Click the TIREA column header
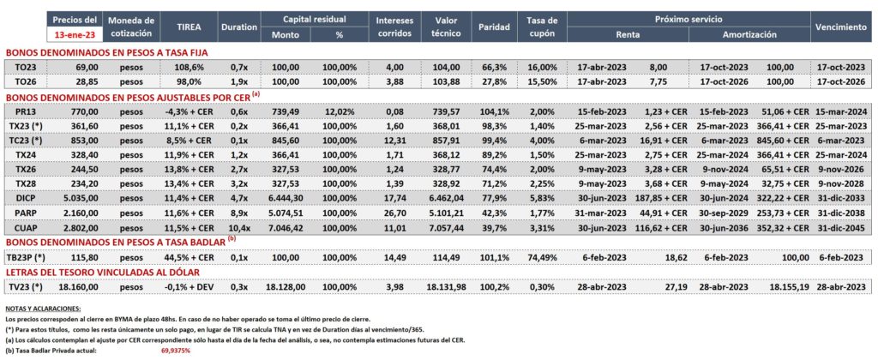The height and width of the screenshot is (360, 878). pos(189,27)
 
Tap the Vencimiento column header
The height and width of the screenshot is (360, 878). pos(841,27)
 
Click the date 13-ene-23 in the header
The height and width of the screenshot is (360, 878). pos(75,33)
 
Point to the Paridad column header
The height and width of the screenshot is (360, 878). pos(495,27)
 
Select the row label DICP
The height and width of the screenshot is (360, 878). pos(25,197)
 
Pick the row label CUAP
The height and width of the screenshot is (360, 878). pos(25,229)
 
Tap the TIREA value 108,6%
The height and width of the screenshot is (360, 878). pos(189,67)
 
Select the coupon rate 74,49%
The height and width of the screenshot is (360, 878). pos(542,257)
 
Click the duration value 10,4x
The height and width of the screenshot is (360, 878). pos(239,229)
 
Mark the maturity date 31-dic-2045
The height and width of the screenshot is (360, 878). pos(842,229)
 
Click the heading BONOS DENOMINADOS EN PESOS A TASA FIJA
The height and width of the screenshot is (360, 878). pos(106,52)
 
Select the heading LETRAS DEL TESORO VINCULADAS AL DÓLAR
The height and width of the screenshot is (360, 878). pos(103,272)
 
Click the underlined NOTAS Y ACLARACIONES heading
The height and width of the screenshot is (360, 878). pos(43,309)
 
